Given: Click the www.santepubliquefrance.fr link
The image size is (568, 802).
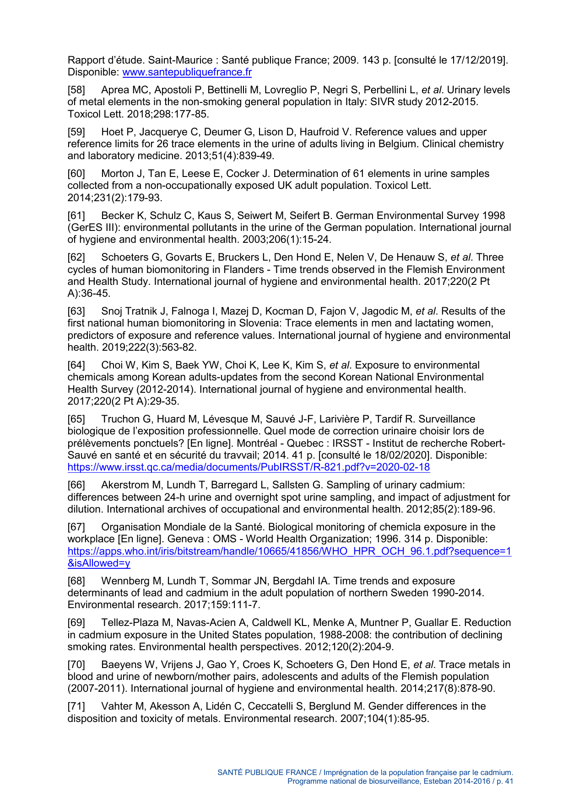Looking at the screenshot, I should (x=187, y=72).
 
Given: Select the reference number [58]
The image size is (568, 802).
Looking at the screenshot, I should (x=76, y=90).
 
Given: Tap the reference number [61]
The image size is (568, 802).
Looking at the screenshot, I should (x=76, y=216).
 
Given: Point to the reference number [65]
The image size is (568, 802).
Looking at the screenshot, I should (x=76, y=419).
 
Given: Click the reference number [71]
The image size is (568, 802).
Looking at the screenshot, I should (x=76, y=706).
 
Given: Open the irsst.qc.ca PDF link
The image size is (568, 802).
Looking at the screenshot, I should (x=249, y=467).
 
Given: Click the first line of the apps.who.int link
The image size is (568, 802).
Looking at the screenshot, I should (x=289, y=551).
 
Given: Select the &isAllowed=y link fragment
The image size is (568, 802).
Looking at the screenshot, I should (x=99, y=563).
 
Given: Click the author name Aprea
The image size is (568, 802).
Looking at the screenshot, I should (x=115, y=90).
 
